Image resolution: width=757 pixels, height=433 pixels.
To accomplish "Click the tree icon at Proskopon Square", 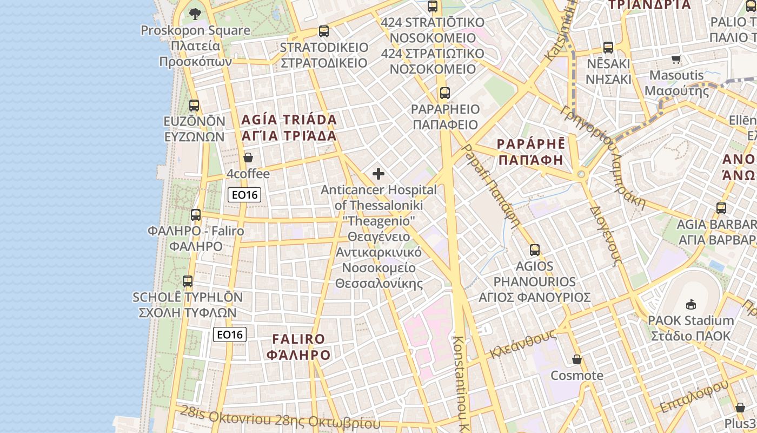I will [195, 14].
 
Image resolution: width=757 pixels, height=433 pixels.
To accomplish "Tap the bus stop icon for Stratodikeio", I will [324, 31].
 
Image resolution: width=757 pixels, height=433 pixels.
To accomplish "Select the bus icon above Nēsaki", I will [608, 48].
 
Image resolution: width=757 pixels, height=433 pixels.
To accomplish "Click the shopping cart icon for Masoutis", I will [676, 59].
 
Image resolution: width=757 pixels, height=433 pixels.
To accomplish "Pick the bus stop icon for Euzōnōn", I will [194, 106].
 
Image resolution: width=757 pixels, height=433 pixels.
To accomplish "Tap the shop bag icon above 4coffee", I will [248, 158].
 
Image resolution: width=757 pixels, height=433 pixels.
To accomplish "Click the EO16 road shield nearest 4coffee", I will [244, 195].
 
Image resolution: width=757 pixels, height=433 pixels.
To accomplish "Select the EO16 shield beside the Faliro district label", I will [230, 334].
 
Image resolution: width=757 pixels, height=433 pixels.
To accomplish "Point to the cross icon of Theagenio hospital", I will [378, 174].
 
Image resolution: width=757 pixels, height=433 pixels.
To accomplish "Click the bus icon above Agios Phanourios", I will [535, 250].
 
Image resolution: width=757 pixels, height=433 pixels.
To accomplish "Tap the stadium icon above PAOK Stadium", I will [690, 304].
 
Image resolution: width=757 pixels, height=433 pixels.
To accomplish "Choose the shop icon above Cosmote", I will [577, 359].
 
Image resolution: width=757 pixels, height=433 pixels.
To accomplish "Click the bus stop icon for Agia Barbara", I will [721, 208].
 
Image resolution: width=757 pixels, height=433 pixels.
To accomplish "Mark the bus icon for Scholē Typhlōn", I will [188, 281].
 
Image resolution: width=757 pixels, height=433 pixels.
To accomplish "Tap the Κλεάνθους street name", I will [522, 344].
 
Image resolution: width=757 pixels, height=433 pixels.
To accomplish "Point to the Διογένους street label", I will [604, 235].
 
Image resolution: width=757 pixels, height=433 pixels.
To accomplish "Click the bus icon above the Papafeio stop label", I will [444, 93].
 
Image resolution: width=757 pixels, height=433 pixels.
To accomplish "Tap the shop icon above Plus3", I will [740, 407].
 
